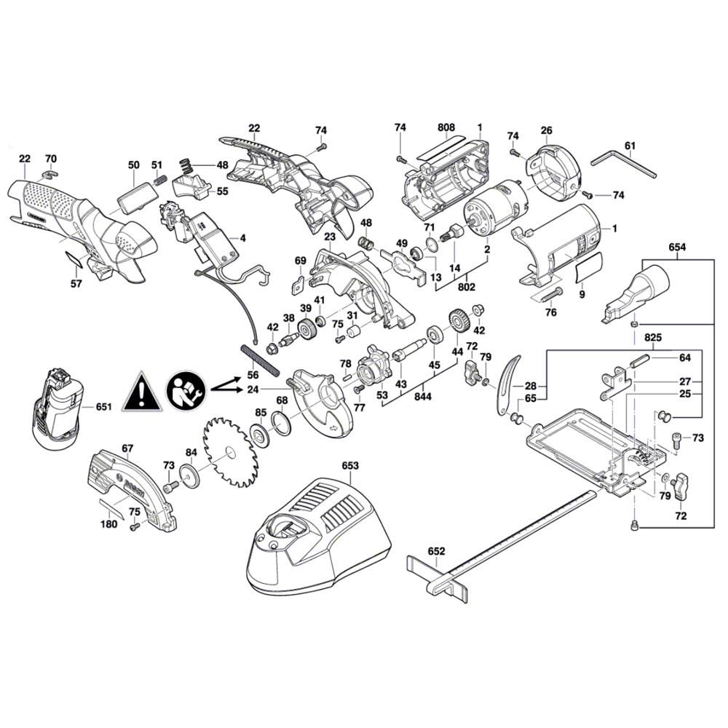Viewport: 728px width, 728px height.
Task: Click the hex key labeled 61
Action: coord(624,163)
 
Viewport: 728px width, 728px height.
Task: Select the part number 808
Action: coord(446,127)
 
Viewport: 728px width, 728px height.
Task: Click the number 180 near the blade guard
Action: coord(109,523)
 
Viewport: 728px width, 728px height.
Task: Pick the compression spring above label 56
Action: coord(260,358)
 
